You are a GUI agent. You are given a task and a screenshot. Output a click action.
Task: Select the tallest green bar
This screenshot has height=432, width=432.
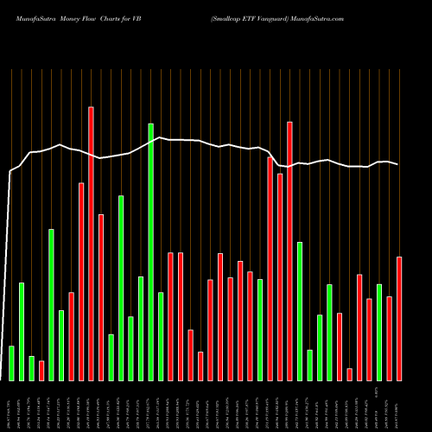coord(151,251)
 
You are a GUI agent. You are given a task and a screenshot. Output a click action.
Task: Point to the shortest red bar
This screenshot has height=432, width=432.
coord(349,374)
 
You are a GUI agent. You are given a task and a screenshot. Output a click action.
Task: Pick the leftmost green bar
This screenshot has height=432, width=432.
coord(11,363)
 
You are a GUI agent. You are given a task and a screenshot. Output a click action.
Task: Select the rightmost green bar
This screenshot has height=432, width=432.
coord(379,332)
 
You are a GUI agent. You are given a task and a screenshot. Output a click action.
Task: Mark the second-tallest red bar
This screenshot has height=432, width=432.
coord(289,251)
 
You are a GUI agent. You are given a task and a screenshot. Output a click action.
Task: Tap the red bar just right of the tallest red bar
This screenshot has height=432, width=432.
coord(101,297)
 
